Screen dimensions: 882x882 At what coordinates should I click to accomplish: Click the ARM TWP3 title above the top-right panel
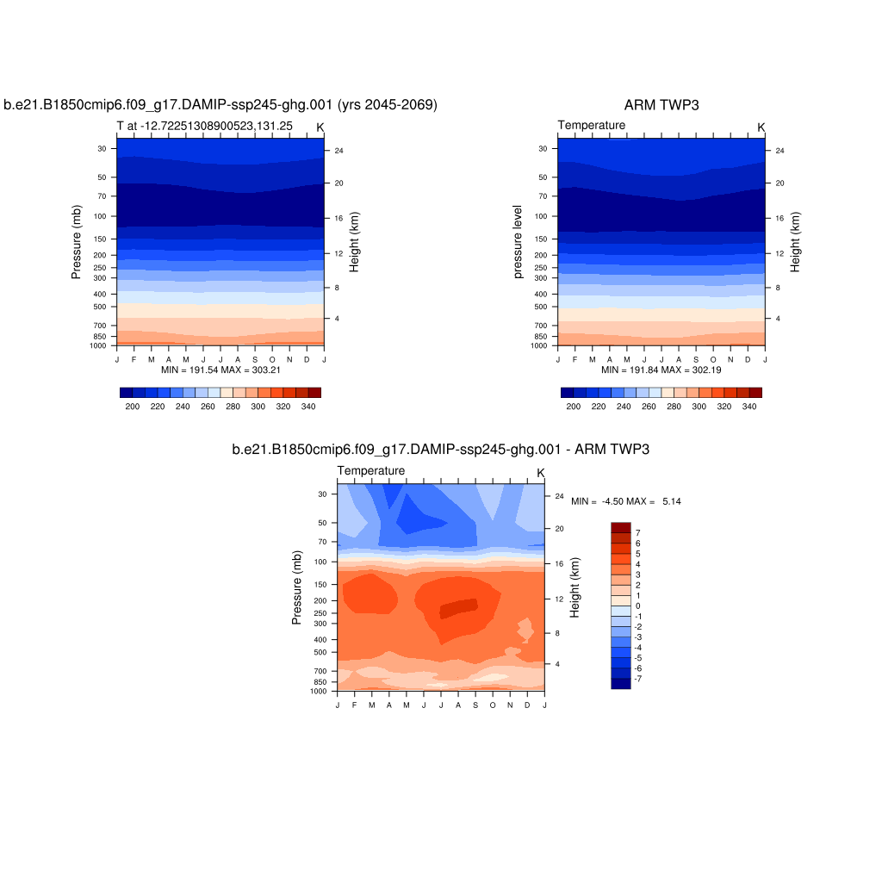pos(661,105)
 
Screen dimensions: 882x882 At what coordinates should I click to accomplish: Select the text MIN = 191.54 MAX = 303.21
pos(221,370)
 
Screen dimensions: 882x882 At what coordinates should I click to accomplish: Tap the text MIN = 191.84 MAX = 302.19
pos(661,370)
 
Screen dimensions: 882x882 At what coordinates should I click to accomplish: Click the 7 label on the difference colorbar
pos(638,533)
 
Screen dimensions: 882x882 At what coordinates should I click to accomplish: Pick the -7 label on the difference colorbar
pos(639,679)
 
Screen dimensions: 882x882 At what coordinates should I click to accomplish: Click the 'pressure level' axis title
pos(518,242)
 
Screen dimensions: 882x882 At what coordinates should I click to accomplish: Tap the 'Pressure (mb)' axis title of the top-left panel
pos(77,242)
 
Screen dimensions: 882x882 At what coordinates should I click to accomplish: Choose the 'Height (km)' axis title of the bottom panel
pos(575,587)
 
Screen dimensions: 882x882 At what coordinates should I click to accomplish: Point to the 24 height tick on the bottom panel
pos(558,496)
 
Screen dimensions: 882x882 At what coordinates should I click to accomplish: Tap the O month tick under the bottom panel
pos(493,705)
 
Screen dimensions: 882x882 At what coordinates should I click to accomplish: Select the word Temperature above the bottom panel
pos(370,471)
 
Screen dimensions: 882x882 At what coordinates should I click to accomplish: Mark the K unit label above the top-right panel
pos(761,127)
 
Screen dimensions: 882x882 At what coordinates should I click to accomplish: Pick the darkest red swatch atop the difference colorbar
pos(620,527)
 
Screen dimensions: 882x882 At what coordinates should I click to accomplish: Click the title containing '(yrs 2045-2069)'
pos(220,105)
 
